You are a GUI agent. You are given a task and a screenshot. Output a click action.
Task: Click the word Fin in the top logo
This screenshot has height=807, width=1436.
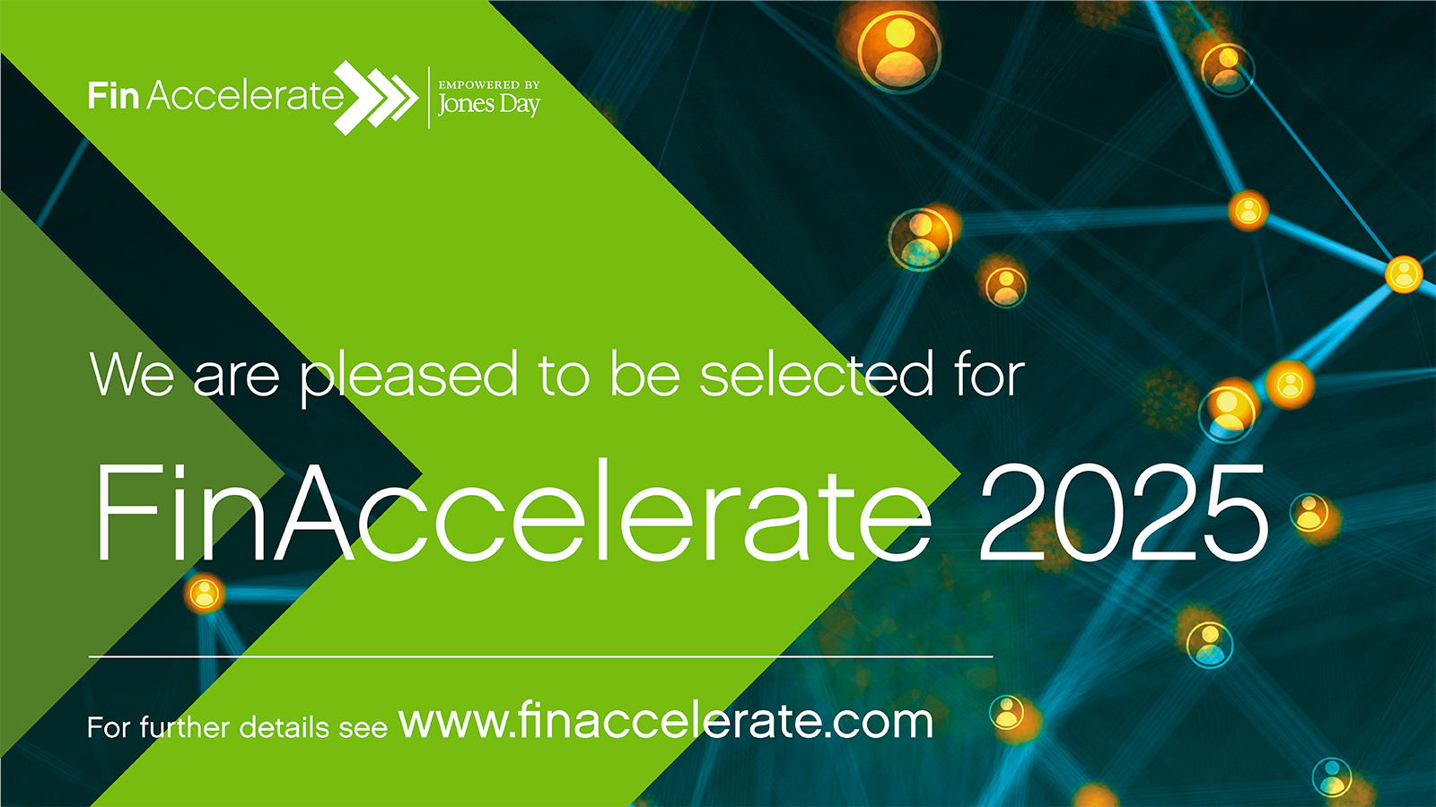pyautogui.click(x=113, y=95)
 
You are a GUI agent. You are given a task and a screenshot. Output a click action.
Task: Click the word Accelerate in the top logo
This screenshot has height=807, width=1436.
pyautogui.click(x=244, y=95)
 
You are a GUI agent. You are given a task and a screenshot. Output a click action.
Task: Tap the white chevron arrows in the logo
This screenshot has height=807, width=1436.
pyautogui.click(x=377, y=97)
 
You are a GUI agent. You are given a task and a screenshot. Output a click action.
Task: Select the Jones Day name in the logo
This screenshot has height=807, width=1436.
pyautogui.click(x=489, y=105)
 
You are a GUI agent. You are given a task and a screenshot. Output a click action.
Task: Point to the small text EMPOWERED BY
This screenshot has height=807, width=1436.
pyautogui.click(x=489, y=84)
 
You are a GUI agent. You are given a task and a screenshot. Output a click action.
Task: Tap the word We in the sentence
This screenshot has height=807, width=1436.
pyautogui.click(x=132, y=375)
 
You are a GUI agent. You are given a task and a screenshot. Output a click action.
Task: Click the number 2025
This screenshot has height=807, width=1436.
pyautogui.click(x=1123, y=513)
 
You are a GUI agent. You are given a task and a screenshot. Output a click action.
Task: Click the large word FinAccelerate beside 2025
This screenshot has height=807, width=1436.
pyautogui.click(x=512, y=513)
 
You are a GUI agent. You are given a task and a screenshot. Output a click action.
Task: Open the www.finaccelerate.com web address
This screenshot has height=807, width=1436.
pyautogui.click(x=666, y=721)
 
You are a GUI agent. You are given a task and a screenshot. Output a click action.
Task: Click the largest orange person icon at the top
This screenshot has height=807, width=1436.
pyautogui.click(x=898, y=49)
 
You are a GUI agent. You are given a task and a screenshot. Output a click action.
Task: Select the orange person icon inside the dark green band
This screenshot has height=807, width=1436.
pyautogui.click(x=205, y=594)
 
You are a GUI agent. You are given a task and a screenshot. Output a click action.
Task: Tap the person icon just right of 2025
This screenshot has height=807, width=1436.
pyautogui.click(x=1310, y=514)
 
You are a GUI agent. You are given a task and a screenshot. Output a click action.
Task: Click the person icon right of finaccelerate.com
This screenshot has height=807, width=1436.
pyautogui.click(x=1008, y=712)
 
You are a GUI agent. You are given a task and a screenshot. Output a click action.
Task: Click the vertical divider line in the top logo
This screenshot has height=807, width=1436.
pyautogui.click(x=429, y=97)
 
